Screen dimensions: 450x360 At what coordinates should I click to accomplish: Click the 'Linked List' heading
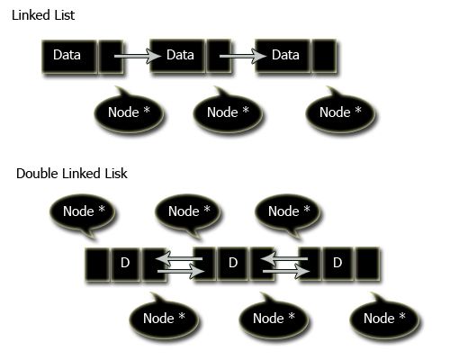click(43, 15)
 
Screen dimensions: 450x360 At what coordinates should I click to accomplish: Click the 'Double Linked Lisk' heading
click(72, 174)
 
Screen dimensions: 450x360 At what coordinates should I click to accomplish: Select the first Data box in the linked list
click(69, 56)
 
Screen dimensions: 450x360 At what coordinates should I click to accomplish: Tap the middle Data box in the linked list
click(178, 56)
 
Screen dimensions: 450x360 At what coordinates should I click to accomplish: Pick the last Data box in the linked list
click(283, 56)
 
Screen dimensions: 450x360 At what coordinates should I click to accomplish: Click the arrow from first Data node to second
click(138, 56)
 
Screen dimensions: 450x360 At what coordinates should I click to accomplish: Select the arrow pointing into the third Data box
click(243, 56)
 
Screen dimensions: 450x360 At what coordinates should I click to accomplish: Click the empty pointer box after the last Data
click(324, 56)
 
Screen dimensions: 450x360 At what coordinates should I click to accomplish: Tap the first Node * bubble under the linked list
click(129, 112)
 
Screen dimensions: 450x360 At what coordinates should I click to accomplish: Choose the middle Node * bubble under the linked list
click(228, 112)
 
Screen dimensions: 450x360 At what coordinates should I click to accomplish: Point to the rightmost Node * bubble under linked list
click(340, 112)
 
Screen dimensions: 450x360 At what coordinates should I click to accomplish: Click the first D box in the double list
click(125, 264)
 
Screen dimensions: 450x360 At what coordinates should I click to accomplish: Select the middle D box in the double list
click(233, 264)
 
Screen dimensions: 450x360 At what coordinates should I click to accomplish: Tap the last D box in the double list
click(337, 264)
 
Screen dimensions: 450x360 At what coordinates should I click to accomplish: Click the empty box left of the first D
click(97, 264)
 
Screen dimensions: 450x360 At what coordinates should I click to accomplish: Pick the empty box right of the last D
click(368, 264)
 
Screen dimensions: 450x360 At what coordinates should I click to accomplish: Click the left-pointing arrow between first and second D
click(179, 258)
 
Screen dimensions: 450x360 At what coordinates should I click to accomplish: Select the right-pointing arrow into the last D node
click(286, 272)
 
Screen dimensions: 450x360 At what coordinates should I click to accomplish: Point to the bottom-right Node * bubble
click(384, 319)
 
